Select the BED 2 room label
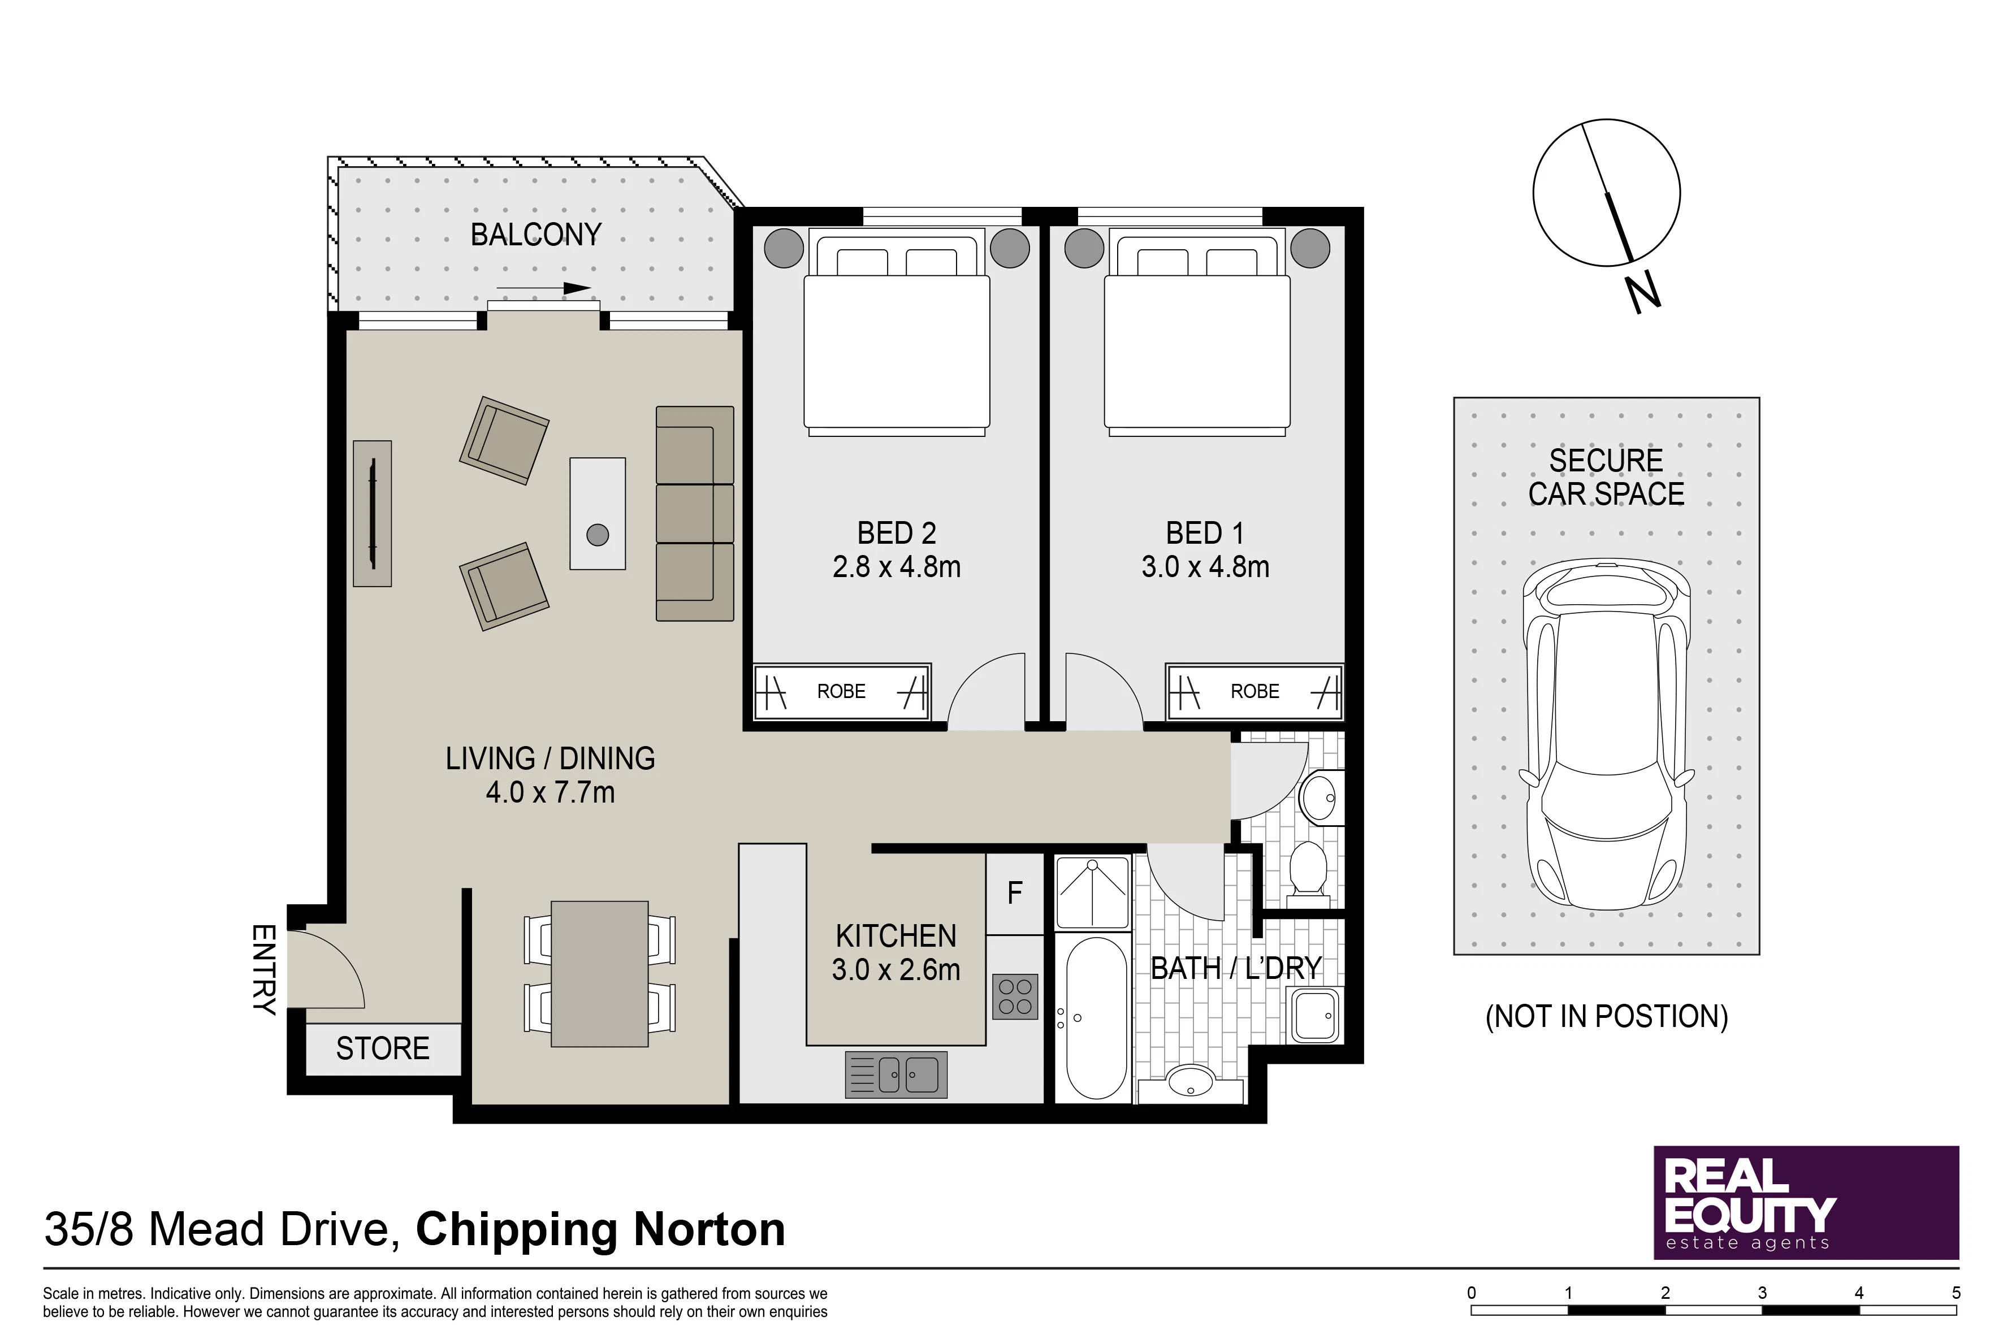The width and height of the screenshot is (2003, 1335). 897,533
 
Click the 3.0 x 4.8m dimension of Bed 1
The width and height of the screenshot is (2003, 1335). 1205,566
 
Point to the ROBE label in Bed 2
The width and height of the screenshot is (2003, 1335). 841,691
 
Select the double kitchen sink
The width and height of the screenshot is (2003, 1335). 896,1074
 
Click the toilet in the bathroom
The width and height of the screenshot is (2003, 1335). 1308,869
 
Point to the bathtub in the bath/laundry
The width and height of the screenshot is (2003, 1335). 1096,1018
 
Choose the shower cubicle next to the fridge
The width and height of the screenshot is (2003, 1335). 1093,891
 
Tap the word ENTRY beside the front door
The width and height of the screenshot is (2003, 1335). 264,970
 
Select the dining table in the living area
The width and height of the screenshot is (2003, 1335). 599,973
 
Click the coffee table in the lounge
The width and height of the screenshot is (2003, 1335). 598,513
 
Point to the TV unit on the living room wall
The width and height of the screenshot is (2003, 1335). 372,513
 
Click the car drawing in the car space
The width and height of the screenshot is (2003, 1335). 1606,735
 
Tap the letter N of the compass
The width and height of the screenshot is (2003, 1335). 1643,294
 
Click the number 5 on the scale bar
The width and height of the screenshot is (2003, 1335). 1956,1293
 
